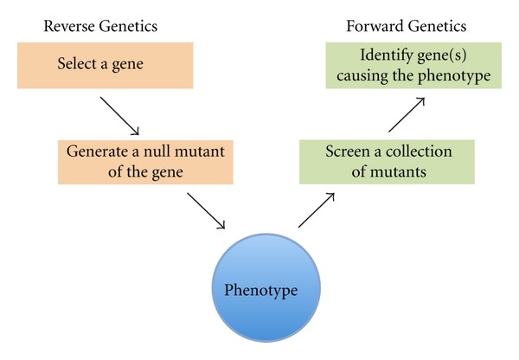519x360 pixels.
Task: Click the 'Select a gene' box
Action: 101,65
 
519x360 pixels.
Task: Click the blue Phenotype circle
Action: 261,290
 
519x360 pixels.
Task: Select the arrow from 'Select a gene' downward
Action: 120,116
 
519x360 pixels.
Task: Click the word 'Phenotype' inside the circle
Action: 261,290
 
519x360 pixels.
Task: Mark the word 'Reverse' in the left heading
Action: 67,26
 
